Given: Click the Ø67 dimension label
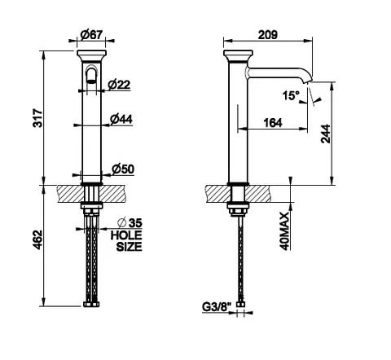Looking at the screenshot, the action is click(91, 35).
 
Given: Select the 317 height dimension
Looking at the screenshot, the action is click(37, 118).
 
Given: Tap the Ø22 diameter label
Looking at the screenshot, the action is click(119, 85).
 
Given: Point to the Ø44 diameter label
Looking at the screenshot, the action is click(121, 119).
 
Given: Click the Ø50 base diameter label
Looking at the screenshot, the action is click(123, 169).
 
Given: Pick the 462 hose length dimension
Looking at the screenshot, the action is click(37, 239).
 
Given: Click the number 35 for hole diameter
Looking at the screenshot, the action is click(135, 223).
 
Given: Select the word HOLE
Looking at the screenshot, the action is click(126, 235).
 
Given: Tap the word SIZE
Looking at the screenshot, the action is click(130, 247).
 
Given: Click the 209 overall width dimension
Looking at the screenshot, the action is click(268, 35).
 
